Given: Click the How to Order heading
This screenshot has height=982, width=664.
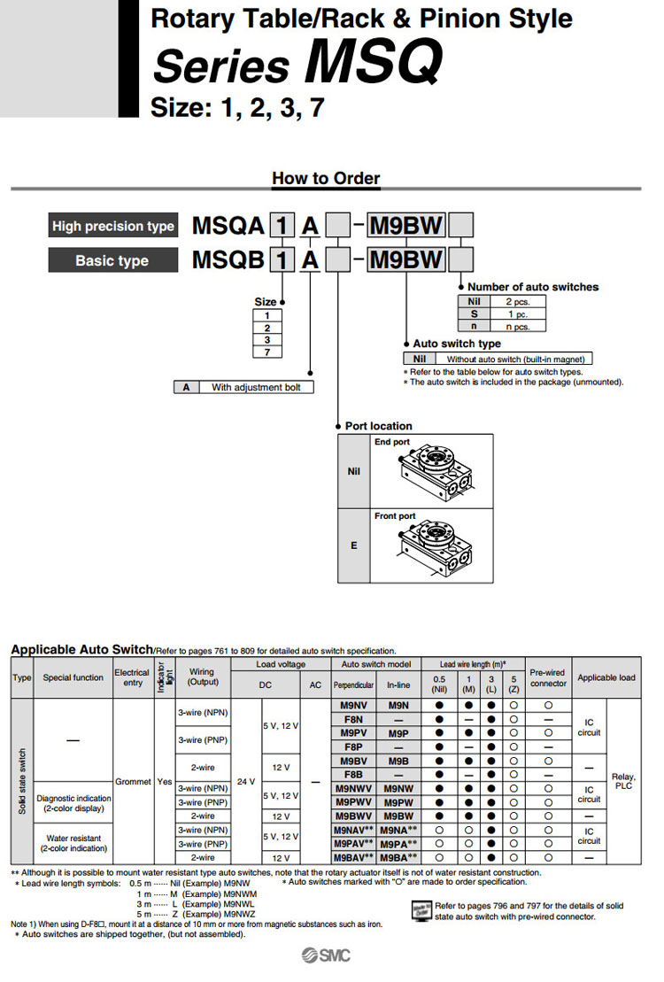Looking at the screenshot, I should tap(326, 178).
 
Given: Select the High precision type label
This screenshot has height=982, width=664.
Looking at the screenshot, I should tap(112, 226).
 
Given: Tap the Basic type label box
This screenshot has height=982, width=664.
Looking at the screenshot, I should tap(112, 260).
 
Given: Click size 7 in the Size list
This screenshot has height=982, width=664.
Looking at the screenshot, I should tap(267, 352).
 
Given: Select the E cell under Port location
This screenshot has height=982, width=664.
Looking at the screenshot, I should tap(354, 545).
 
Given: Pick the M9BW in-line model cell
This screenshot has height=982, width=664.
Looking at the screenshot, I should tap(398, 816).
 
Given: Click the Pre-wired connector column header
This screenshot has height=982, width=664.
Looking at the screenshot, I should tap(548, 677).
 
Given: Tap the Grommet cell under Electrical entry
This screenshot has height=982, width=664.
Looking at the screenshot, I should tap(133, 782).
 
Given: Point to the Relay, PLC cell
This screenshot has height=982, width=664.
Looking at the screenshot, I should tap(623, 781).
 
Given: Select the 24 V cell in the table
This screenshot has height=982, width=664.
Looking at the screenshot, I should tap(246, 782).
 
